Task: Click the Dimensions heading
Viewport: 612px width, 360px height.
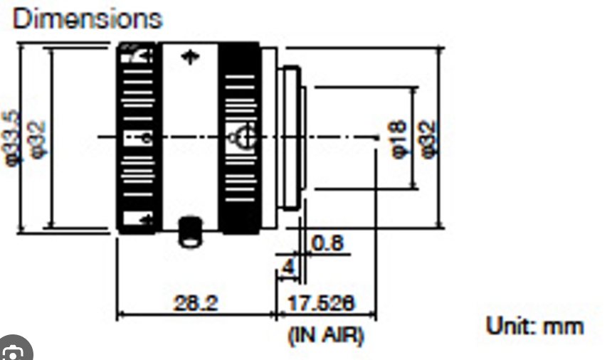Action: click(87, 18)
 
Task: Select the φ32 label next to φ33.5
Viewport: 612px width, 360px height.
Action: click(38, 137)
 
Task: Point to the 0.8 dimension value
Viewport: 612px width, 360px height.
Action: click(327, 243)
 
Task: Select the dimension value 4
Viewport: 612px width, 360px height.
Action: click(287, 268)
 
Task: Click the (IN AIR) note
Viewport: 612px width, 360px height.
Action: click(325, 334)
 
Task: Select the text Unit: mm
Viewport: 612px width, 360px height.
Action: click(534, 326)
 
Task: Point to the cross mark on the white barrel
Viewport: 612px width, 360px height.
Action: click(189, 57)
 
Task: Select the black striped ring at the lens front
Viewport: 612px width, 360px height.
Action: click(137, 137)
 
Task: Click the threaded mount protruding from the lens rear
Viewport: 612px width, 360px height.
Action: click(290, 137)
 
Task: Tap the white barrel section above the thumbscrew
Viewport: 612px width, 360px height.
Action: click(189, 142)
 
